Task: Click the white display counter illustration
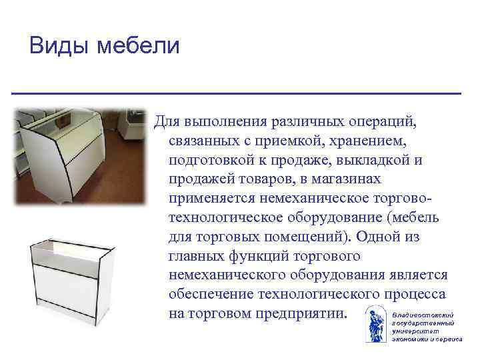[x=71, y=284]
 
